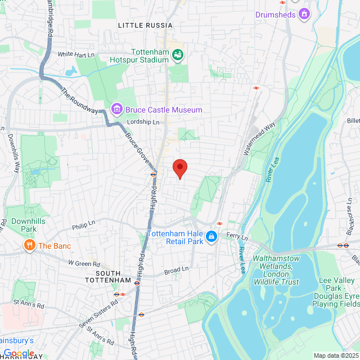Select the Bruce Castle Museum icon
tap(117, 109)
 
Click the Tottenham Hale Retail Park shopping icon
tap(211, 237)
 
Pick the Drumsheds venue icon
tap(304, 13)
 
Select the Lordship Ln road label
tap(143, 122)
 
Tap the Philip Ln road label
tap(84, 227)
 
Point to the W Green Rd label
tap(84, 263)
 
